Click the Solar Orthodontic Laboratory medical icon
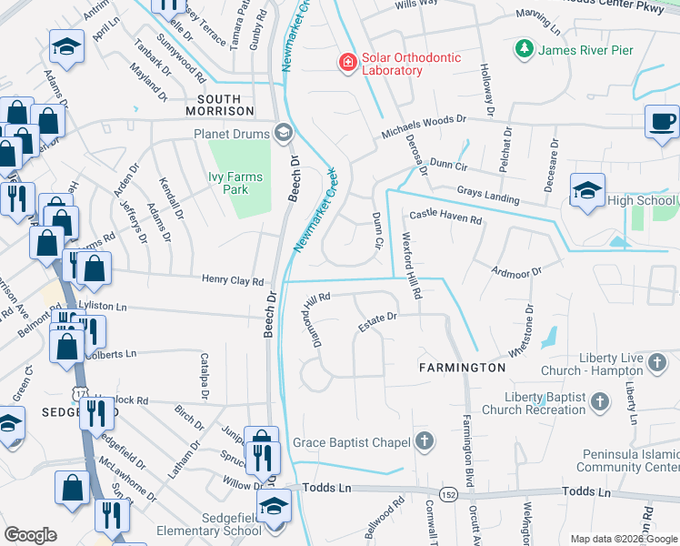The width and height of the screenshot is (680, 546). pyautogui.click(x=346, y=63)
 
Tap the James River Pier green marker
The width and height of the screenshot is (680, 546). pyautogui.click(x=523, y=49)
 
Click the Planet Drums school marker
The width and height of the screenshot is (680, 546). pyautogui.click(x=283, y=133)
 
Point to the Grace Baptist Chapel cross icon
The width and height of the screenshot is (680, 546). pyautogui.click(x=424, y=443)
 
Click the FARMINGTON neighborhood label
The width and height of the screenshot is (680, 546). pyautogui.click(x=462, y=368)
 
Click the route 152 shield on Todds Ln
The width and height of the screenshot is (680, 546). pyautogui.click(x=448, y=494)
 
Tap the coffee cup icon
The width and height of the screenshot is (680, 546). pyautogui.click(x=661, y=122)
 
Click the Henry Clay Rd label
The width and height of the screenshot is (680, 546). pyautogui.click(x=232, y=282)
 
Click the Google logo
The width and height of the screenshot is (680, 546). pyautogui.click(x=30, y=535)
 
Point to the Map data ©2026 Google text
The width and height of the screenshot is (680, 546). pyautogui.click(x=623, y=539)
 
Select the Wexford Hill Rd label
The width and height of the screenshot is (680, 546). pyautogui.click(x=412, y=268)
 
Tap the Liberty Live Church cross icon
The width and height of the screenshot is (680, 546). pyautogui.click(x=657, y=365)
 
